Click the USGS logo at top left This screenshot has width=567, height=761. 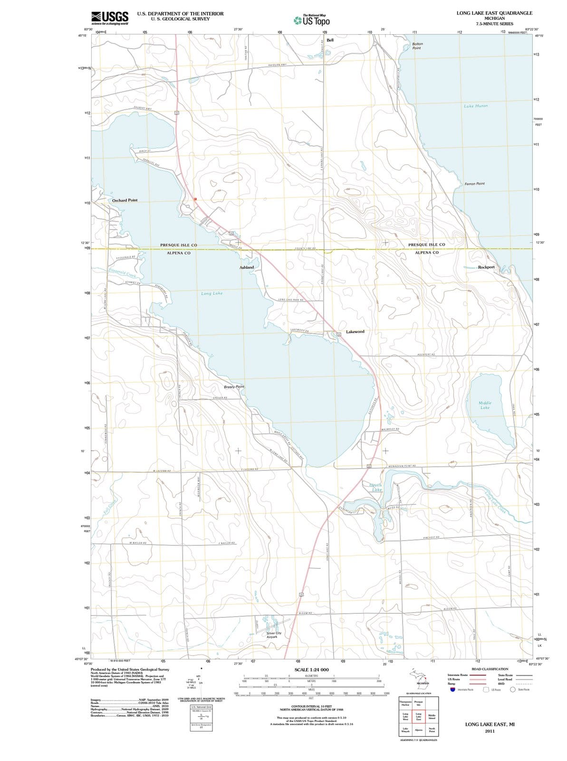tap(109, 18)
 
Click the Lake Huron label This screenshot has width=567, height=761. tap(475, 106)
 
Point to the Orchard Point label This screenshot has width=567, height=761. tap(125, 200)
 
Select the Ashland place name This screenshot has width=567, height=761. tap(247, 267)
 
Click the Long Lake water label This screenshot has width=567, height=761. tap(211, 293)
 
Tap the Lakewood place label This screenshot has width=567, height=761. tap(355, 332)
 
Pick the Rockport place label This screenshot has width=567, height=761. tap(486, 267)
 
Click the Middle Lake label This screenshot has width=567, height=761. tap(485, 405)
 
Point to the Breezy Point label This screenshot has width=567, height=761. tap(234, 387)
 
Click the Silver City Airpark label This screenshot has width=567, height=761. tap(274, 634)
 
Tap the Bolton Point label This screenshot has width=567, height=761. tap(416, 46)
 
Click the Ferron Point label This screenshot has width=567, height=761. tap(474, 184)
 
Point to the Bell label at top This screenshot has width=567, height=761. tap(330, 40)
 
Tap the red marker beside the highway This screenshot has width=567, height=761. tap(195, 199)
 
